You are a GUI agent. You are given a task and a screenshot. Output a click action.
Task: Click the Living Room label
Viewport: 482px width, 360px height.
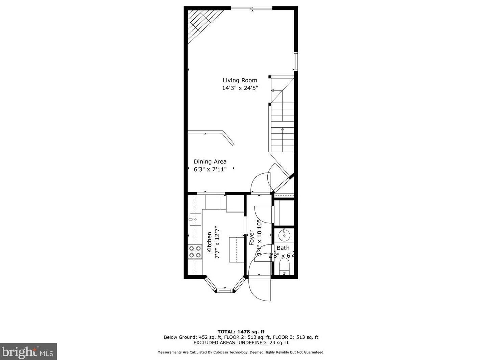click(240, 80)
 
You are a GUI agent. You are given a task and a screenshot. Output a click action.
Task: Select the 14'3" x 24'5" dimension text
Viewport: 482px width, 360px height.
click(240, 88)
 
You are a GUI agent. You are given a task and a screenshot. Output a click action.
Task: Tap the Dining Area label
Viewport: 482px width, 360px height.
click(210, 162)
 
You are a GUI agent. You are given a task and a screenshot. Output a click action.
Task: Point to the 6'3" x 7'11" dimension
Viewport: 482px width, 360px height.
click(210, 169)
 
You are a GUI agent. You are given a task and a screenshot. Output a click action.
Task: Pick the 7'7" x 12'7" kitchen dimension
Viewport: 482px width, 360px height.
click(217, 242)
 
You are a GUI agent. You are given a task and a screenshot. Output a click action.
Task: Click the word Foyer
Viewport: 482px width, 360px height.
click(251, 238)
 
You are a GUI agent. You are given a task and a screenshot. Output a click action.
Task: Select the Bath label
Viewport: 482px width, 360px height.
click(283, 248)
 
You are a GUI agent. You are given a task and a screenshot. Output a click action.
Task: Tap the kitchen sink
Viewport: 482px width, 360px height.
click(195, 220)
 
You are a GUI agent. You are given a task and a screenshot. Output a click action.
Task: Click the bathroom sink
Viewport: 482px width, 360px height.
click(284, 234)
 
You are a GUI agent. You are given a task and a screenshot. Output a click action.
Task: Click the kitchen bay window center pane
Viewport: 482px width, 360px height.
click(224, 290)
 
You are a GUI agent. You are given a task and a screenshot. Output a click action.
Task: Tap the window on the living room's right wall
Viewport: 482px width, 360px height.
click(295, 61)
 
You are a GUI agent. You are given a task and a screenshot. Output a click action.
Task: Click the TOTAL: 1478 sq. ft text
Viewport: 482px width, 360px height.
click(241, 332)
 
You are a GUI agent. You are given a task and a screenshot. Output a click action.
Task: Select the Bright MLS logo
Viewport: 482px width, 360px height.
click(28, 352)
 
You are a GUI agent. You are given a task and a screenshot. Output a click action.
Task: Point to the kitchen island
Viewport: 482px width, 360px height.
click(237, 250)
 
